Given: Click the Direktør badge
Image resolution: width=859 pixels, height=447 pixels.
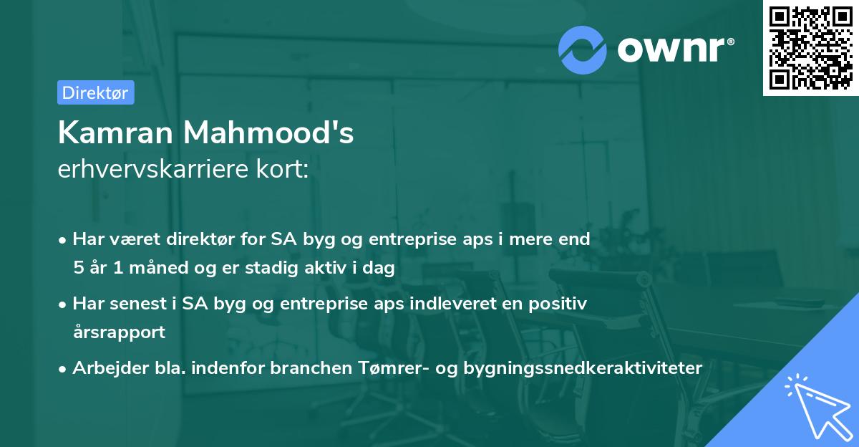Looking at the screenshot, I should (95, 92).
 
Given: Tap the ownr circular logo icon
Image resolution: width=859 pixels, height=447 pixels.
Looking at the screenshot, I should (583, 49).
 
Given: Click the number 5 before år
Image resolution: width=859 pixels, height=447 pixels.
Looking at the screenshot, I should (77, 268).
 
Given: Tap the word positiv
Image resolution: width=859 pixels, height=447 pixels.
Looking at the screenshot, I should (559, 304).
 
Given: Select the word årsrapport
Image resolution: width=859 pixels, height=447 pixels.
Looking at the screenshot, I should (119, 332).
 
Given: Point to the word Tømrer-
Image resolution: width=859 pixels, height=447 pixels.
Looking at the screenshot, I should (391, 368).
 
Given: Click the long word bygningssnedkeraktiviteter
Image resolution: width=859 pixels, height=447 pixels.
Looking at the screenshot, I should (583, 368).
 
